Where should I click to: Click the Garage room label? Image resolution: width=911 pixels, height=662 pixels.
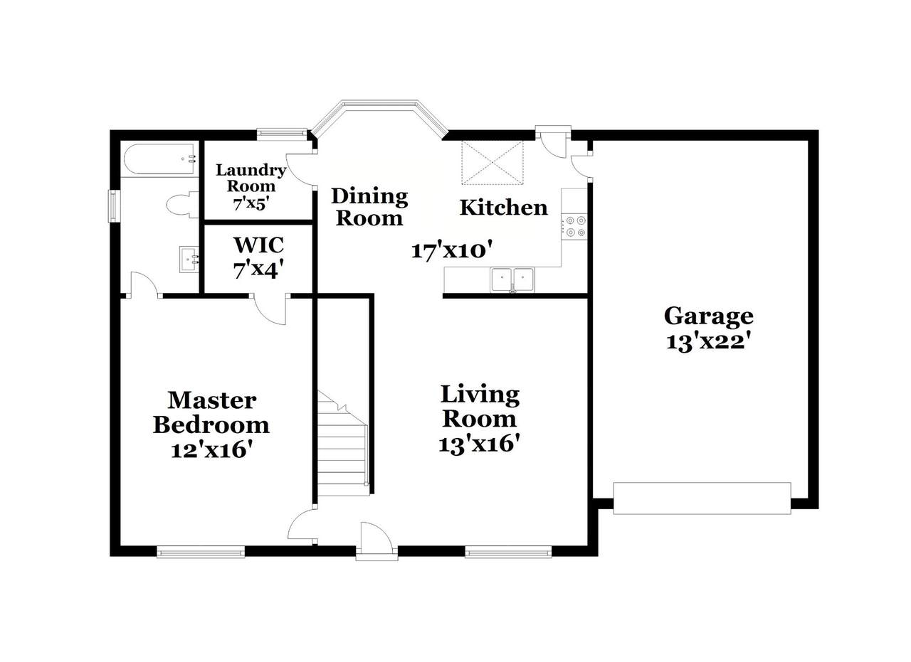click(708, 317)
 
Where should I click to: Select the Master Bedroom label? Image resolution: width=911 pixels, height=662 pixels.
click(211, 413)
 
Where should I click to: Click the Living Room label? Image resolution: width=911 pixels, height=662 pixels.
click(480, 407)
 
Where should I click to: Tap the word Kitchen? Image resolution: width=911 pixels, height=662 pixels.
click(503, 208)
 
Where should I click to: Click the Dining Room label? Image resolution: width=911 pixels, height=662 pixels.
click(369, 207)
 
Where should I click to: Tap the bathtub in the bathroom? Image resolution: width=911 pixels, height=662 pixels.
click(161, 159)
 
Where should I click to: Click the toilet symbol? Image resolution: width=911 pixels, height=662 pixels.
click(181, 204)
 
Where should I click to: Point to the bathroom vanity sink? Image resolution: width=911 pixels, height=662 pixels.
click(189, 259)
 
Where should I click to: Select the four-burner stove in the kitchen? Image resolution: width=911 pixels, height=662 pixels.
click(574, 227)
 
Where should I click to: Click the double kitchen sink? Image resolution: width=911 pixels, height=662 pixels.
click(512, 279)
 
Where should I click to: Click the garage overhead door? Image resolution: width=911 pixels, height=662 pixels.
click(702, 498)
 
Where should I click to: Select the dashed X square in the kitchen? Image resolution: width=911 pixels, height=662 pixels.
click(493, 163)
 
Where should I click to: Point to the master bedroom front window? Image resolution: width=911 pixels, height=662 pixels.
click(201, 552)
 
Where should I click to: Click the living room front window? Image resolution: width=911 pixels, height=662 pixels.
click(508, 552)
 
